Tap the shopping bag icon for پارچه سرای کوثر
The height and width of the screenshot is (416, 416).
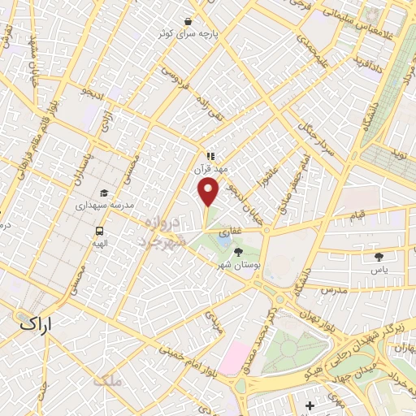(x=188, y=21)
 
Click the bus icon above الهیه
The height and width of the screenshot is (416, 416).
(x=99, y=230)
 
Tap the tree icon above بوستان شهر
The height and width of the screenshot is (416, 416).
(x=237, y=253)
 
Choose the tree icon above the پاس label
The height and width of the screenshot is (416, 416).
(x=379, y=256)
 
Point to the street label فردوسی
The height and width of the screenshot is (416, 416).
(x=173, y=76)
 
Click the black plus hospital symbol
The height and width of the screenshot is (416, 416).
(x=309, y=405)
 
